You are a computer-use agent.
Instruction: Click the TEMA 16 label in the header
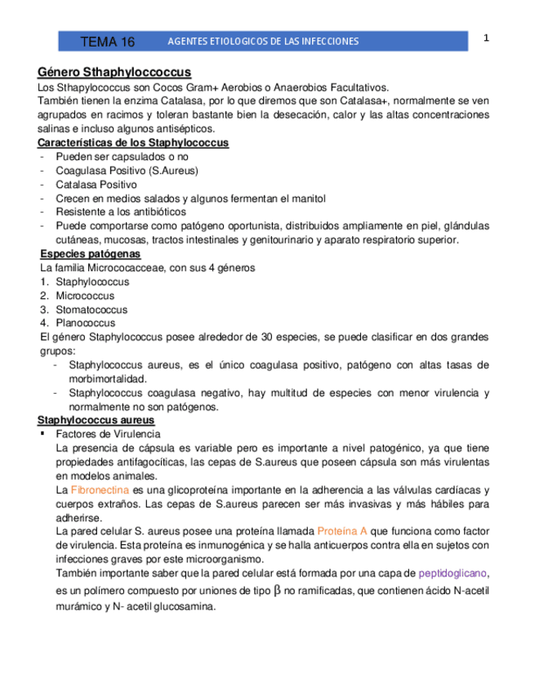pyautogui.click(x=107, y=42)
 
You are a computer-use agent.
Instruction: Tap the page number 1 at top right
pyautogui.click(x=486, y=38)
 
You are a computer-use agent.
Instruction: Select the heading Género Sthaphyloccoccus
pyautogui.click(x=114, y=72)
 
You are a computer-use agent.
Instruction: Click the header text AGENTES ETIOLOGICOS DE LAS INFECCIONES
pyautogui.click(x=262, y=42)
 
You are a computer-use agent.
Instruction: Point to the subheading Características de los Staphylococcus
pyautogui.click(x=133, y=143)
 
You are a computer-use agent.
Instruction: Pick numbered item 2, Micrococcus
pyautogui.click(x=85, y=296)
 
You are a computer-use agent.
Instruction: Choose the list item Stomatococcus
pyautogui.click(x=91, y=310)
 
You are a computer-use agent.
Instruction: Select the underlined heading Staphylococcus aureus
pyautogui.click(x=96, y=420)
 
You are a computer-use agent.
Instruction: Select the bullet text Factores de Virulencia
pyautogui.click(x=108, y=434)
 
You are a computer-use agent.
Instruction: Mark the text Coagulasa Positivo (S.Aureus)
pyautogui.click(x=127, y=171)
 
